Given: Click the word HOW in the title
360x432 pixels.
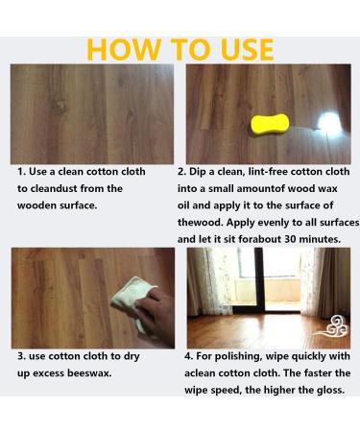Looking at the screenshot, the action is pos(124,49).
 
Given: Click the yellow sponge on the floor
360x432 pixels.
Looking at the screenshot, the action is pos(270,124).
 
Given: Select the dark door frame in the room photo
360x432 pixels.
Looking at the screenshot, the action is pos(259,280).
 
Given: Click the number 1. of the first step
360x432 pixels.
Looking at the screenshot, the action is pos(21,172).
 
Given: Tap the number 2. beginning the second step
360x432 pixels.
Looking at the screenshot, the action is pos(181,172).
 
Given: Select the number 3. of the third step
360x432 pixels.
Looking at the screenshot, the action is pos(21,356).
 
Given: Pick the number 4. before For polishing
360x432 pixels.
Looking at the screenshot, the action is pos(189,356).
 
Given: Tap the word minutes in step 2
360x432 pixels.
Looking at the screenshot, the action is pos(320,239).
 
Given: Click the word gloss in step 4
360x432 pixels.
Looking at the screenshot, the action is pos(331,391).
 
